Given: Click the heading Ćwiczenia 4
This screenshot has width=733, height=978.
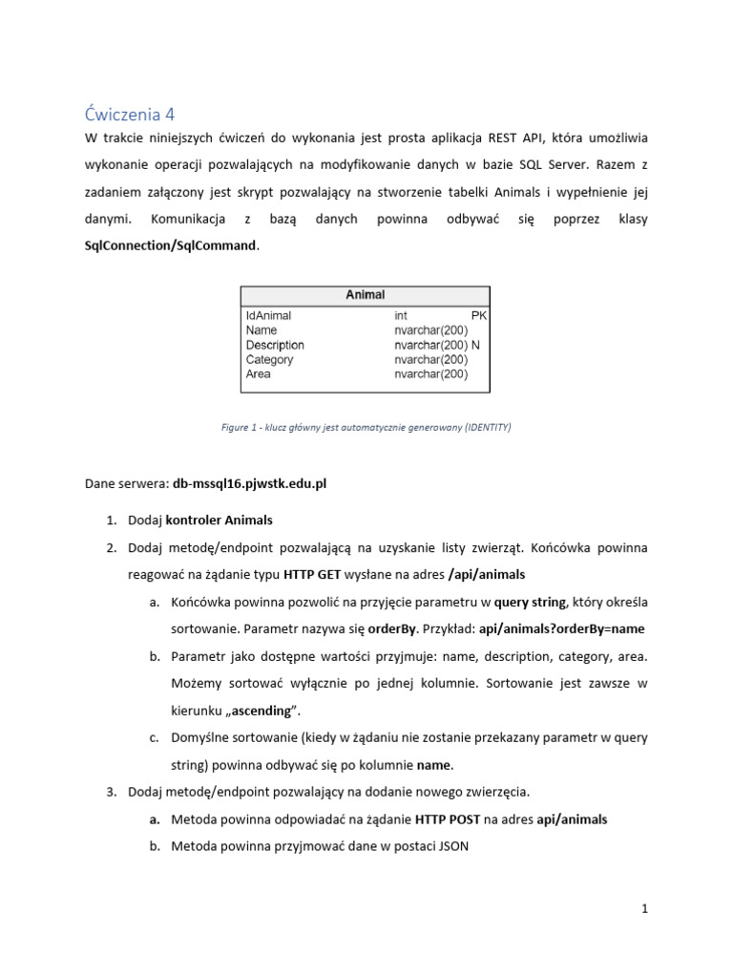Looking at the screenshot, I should [130, 114].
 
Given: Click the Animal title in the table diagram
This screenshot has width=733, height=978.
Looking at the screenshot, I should [365, 295].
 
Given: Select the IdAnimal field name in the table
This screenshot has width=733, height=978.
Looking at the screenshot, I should [268, 314].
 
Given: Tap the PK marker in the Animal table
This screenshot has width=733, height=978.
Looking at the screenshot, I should [479, 314].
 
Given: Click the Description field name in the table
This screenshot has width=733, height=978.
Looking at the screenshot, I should [275, 345].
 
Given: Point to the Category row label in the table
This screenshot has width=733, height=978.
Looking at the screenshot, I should [269, 360].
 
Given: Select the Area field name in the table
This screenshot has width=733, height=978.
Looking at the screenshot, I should [258, 374].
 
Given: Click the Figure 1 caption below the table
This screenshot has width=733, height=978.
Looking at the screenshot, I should [366, 428].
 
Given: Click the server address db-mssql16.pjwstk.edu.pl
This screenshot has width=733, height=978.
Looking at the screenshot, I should [249, 484].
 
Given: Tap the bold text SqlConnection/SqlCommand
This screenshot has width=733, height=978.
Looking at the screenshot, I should [171, 245].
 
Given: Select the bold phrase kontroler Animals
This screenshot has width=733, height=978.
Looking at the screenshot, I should [219, 521].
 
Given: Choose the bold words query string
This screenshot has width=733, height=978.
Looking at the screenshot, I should [530, 603].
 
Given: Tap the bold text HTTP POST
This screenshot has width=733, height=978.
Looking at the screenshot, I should [448, 819].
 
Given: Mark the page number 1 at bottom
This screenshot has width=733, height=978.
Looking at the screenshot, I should [645, 910].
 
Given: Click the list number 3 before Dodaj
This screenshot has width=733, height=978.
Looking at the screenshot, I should [111, 792].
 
